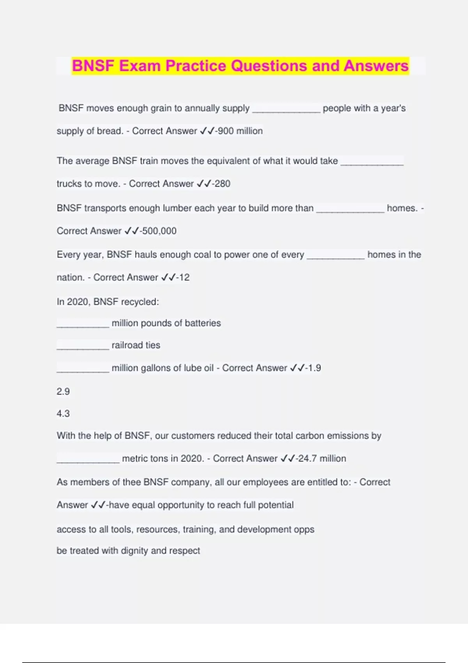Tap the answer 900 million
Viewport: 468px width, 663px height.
240,131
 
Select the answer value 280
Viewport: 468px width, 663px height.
223,184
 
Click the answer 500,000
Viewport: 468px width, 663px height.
159,231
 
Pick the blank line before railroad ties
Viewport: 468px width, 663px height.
83,348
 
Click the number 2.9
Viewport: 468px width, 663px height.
63,392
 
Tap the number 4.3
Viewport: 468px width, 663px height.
63,414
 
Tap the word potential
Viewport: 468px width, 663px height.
276,505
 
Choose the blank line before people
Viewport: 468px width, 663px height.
286,111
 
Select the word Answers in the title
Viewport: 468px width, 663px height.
376,66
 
